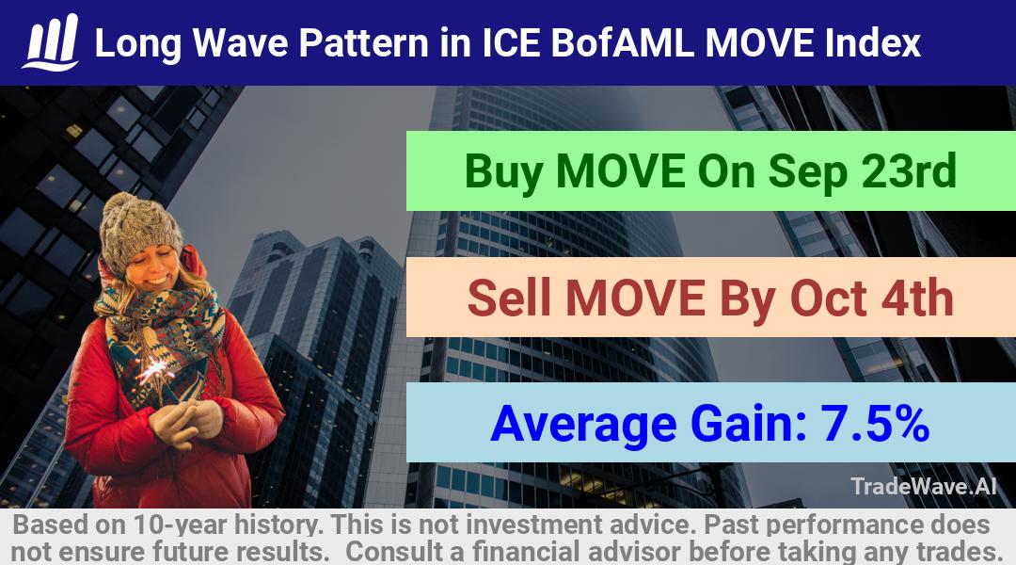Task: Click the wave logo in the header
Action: coord(51,42)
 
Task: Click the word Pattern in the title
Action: coord(363,43)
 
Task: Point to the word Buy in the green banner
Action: coord(503,172)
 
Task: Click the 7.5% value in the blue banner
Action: coord(875,424)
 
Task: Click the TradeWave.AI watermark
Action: coord(924,487)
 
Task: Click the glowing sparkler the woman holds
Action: coord(154,370)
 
